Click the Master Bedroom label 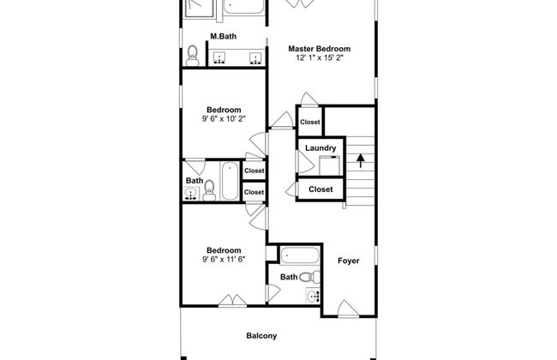(x=319, y=49)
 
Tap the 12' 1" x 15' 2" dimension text (x=319, y=57)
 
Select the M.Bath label (x=223, y=36)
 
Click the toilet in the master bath (x=193, y=57)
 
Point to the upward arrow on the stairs (x=361, y=160)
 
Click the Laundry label (x=320, y=148)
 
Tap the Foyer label (x=349, y=261)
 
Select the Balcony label (x=261, y=336)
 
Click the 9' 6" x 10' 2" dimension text (x=224, y=118)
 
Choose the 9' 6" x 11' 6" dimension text (x=224, y=259)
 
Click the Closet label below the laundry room (x=320, y=189)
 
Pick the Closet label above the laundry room (x=309, y=122)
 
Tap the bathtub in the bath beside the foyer (x=300, y=255)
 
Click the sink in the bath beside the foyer (x=313, y=296)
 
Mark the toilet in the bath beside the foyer (x=309, y=277)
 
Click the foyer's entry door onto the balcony (x=348, y=309)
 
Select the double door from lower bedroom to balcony (x=232, y=301)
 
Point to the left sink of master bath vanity (x=220, y=57)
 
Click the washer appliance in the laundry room (x=329, y=165)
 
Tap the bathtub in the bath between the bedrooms (x=230, y=181)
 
